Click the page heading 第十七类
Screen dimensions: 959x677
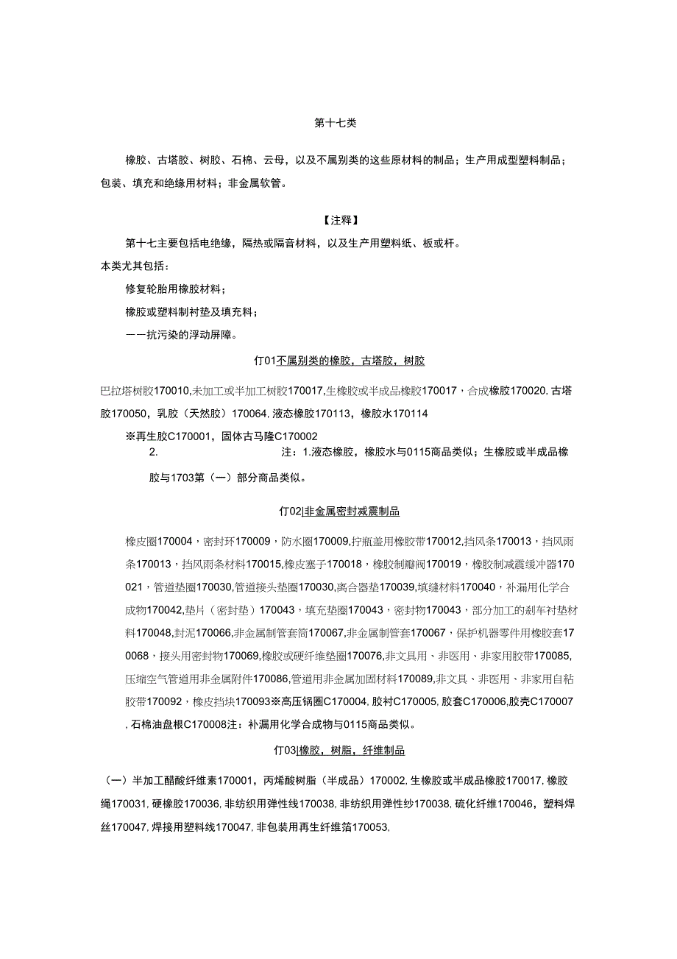click(336, 124)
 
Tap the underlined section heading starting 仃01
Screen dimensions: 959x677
click(339, 361)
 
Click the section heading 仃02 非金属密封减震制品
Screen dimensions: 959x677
click(339, 511)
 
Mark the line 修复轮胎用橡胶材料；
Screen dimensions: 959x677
click(176, 289)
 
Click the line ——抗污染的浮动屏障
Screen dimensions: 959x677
click(181, 335)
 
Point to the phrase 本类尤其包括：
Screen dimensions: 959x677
click(135, 265)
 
